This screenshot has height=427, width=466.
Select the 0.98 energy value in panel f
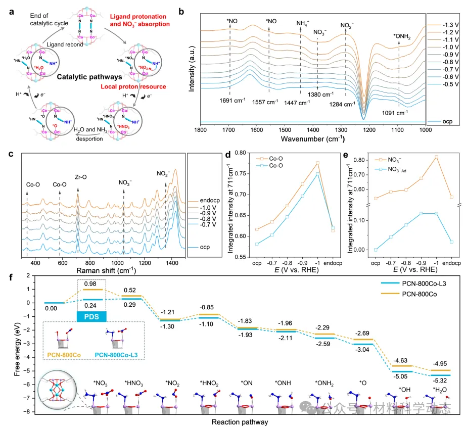(x=91, y=284)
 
